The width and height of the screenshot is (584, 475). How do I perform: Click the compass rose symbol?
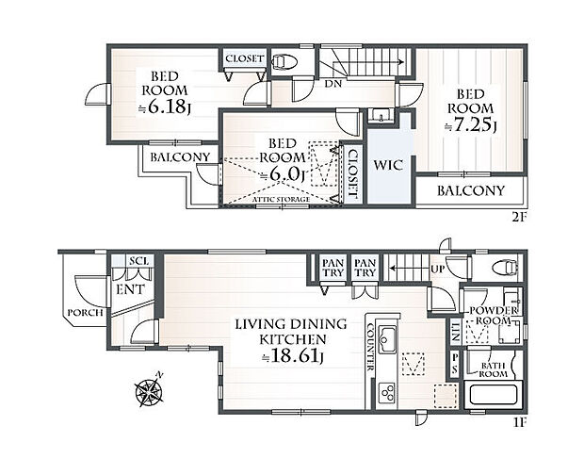pos(150,390)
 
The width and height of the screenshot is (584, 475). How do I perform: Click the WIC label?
pos(388,165)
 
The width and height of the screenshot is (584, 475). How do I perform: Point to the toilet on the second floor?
pos(284,61)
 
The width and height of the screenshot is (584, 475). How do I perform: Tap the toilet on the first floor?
pos(505,267)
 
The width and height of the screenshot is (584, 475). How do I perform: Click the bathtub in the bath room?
pos(494,395)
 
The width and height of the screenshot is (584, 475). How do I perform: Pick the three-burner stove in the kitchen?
pos(387,393)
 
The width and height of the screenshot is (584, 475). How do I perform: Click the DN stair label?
pos(333,84)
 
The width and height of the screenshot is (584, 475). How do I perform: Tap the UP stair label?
pos(438,269)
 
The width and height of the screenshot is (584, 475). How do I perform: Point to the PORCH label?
pos(86,312)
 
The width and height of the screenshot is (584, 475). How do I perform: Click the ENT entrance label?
pos(130,289)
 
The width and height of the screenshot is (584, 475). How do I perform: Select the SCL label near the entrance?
pos(138,261)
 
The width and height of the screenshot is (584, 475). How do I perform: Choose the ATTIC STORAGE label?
pos(282,199)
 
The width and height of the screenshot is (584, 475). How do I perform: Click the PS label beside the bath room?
pos(455,363)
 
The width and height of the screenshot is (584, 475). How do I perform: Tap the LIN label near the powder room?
pos(455,333)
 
